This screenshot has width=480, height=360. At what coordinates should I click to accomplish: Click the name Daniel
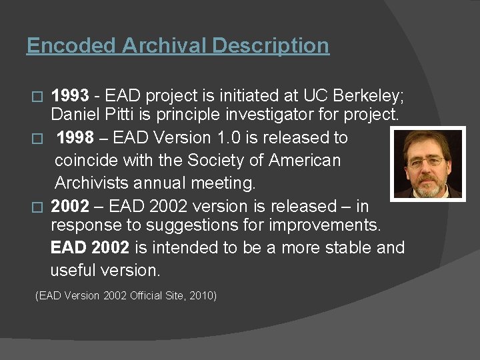coord(75,115)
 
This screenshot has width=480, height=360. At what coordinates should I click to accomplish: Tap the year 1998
coord(75,138)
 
